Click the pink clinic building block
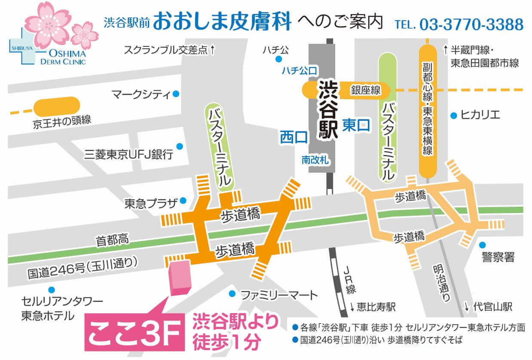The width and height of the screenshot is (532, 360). [x=180, y=277]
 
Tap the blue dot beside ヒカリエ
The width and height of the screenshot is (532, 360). [x=453, y=115]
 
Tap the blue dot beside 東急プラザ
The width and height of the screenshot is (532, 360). [x=183, y=200]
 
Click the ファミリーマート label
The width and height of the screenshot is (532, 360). [x=279, y=295]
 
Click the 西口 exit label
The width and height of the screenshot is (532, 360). [x=294, y=137]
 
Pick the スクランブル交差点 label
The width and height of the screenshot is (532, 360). [x=166, y=50]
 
